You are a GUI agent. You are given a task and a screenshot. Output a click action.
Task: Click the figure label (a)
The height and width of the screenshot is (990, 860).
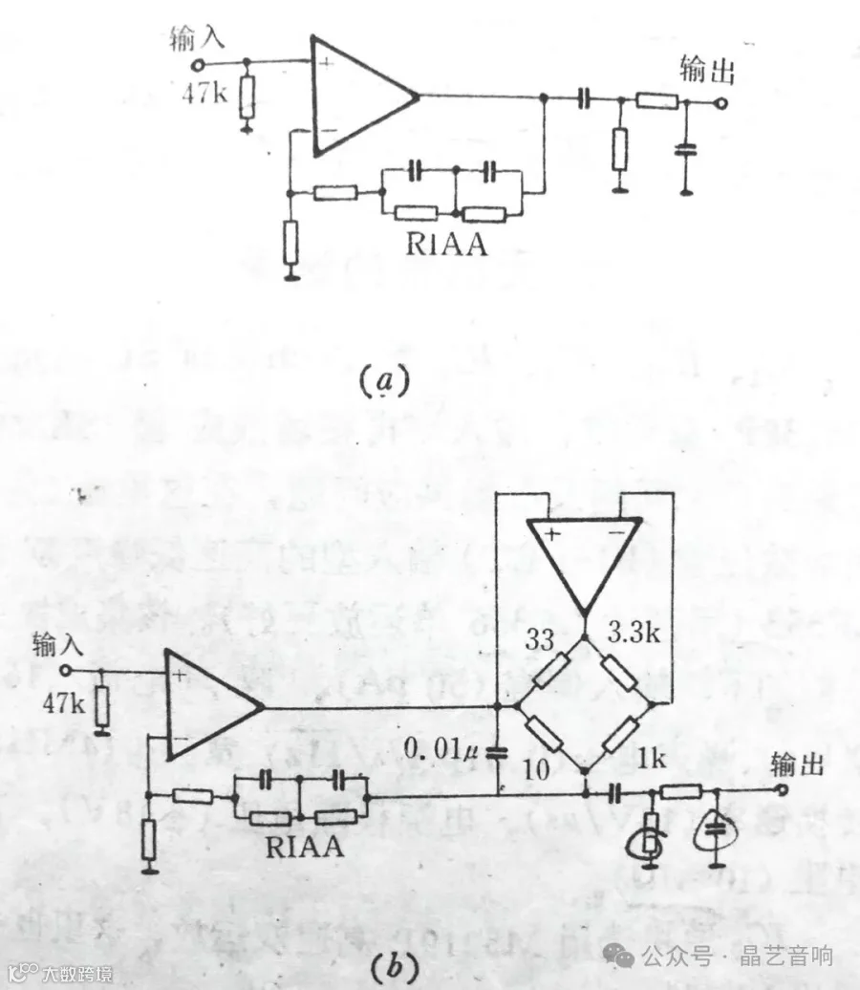384,381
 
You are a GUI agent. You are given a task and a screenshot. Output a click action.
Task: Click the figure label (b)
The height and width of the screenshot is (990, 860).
394,967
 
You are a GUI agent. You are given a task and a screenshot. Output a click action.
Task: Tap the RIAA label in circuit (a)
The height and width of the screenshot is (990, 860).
445,245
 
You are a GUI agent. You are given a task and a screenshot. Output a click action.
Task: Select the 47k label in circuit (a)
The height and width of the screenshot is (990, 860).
205,96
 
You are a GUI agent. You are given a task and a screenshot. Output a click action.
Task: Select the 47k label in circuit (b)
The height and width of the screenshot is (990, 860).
64,702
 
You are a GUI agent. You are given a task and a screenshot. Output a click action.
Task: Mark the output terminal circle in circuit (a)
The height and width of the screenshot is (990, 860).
723,102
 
